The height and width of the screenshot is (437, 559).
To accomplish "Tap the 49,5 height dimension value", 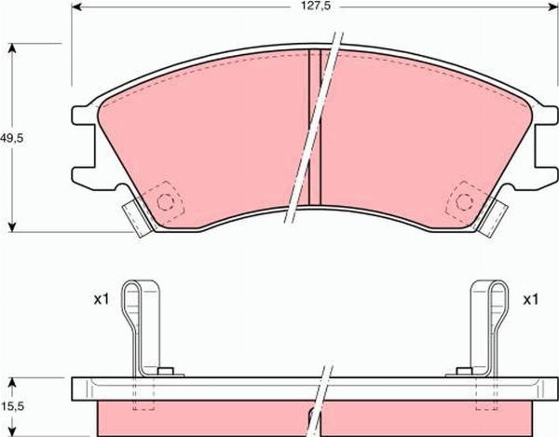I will coord(11,137).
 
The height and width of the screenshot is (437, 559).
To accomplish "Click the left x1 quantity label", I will coord(102,300).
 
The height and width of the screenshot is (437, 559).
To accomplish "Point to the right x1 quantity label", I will coord(531,300).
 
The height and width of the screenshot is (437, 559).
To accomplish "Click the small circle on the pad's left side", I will coord(168,201).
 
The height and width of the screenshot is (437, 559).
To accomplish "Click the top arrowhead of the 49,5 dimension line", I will coord(12,46).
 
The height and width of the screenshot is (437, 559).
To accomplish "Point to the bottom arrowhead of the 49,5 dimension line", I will coord(12,227).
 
